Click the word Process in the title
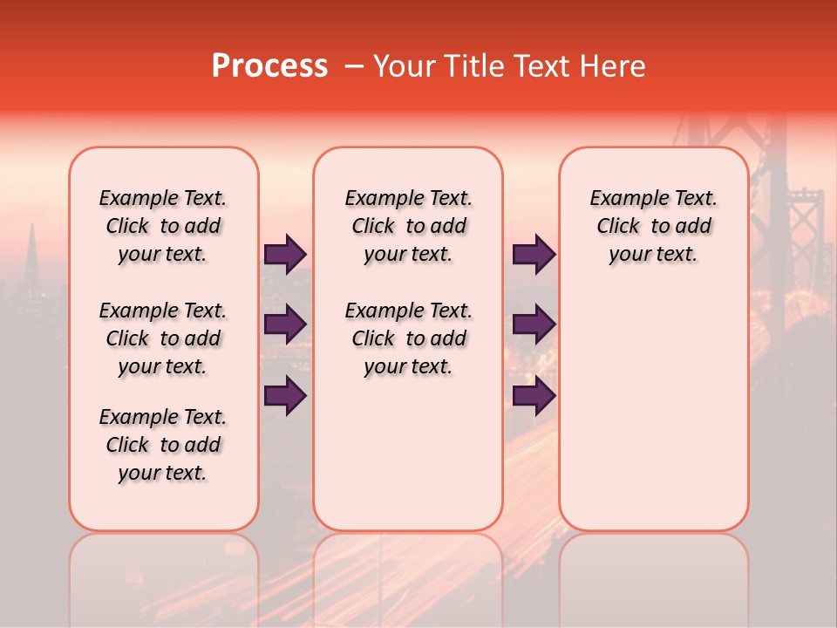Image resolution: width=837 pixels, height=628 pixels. click(269, 66)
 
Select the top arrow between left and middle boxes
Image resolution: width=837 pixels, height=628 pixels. click(284, 255)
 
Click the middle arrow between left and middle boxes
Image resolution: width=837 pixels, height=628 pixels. click(284, 324)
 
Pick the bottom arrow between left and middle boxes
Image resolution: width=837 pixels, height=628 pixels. click(284, 396)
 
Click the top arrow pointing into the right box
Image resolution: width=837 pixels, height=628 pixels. click(533, 255)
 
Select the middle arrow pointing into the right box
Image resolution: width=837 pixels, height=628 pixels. click(533, 324)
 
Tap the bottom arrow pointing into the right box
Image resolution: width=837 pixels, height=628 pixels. click(533, 396)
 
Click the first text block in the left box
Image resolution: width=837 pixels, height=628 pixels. click(163, 226)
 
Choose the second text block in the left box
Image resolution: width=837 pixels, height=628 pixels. click(163, 338)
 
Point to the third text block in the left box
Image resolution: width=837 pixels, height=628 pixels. click(163, 445)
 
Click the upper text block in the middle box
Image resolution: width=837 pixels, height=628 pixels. click(408, 226)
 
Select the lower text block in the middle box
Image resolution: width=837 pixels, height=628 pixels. click(408, 338)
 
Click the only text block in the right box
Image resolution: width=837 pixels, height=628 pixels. click(653, 226)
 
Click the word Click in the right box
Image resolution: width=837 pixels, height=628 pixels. click(618, 227)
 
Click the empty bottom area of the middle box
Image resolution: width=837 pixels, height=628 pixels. click(408, 462)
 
